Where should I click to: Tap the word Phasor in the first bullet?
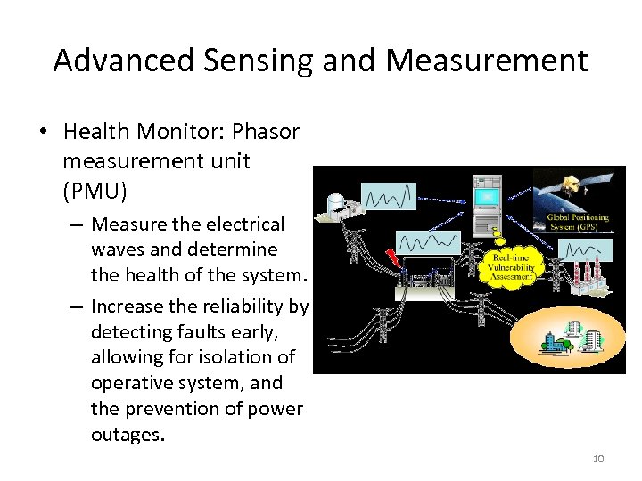pos(265,132)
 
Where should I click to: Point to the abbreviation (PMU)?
pos(95,190)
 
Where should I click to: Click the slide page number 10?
pos(597,459)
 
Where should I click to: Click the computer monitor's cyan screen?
pos(486,196)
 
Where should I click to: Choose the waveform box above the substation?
pos(426,241)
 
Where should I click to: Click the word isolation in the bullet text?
pos(243,357)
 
